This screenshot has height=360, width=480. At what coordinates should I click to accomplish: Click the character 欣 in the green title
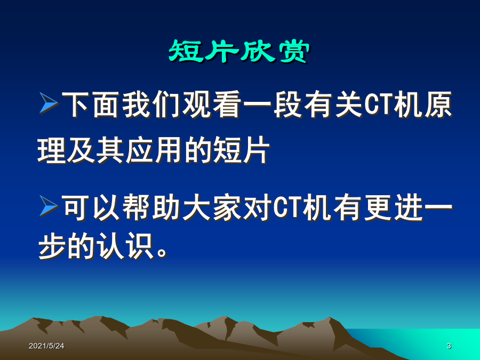[257, 51]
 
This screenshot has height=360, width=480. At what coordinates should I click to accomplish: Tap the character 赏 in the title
[293, 51]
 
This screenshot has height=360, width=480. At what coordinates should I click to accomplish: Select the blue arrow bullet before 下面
[49, 103]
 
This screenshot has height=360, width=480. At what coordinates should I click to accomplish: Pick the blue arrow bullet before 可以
[49, 206]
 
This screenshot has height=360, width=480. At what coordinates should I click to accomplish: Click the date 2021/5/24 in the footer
[46, 346]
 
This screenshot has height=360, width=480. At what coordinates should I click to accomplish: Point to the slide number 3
[449, 346]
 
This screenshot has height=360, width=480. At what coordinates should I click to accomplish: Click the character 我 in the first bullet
[136, 105]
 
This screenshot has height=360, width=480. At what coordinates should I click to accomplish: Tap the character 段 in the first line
[287, 105]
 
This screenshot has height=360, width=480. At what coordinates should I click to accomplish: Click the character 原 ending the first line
[438, 105]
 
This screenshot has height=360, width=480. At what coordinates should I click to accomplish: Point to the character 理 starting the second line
[51, 150]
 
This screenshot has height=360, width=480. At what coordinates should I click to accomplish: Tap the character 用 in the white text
[169, 150]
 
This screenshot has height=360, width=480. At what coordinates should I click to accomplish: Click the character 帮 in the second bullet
[136, 207]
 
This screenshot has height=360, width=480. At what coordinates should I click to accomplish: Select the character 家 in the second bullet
[227, 207]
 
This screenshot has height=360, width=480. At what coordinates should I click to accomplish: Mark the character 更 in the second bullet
[378, 207]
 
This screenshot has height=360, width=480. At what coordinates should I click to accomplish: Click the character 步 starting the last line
[52, 246]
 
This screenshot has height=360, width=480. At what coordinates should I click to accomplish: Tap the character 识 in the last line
[140, 246]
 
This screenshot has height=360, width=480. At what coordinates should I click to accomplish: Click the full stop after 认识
[162, 253]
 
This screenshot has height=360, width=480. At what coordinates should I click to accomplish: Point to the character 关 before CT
[348, 105]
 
